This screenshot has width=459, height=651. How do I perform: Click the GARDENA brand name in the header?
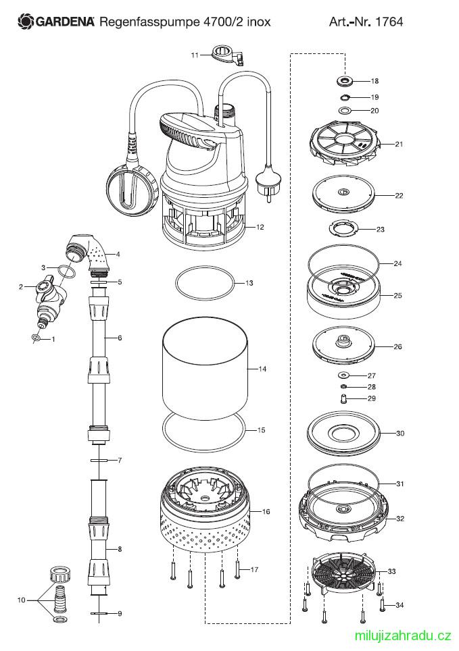pos(64,22)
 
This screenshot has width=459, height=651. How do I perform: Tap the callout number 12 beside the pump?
pos(260,228)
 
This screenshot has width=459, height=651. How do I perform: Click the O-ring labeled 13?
pos(206,282)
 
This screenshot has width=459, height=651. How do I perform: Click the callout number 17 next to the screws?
pos(254,570)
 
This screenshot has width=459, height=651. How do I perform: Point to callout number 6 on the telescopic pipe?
pos(120,337)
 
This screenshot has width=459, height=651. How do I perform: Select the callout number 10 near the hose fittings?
pos(22,599)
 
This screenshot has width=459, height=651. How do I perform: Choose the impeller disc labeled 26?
pos(343,346)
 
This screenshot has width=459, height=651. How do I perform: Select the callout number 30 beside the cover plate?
pos(400,433)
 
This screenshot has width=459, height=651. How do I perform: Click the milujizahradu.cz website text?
pos(403,635)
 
